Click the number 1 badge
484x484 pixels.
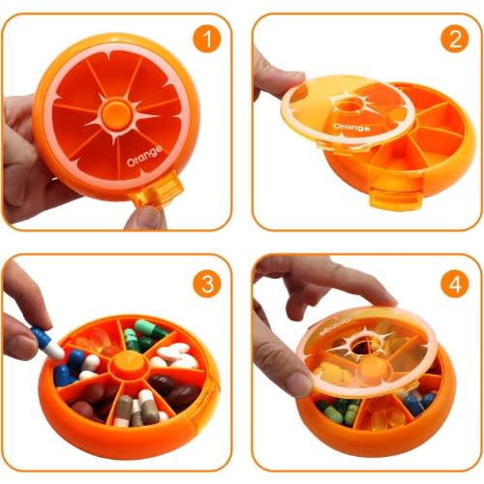(x=207, y=39)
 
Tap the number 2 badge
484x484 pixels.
(x=455, y=39)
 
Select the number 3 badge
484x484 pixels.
(x=207, y=284)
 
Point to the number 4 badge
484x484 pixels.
(x=455, y=284)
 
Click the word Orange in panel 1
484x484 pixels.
(x=144, y=157)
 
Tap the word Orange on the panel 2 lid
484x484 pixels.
(x=351, y=127)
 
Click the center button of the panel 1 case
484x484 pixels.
(x=116, y=114)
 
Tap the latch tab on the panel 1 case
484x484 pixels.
(x=157, y=190)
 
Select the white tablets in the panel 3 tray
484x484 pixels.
(x=176, y=355)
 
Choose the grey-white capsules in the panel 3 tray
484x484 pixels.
(x=138, y=408)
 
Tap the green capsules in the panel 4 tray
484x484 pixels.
(x=339, y=410)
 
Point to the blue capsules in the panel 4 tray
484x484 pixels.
(x=419, y=400)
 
